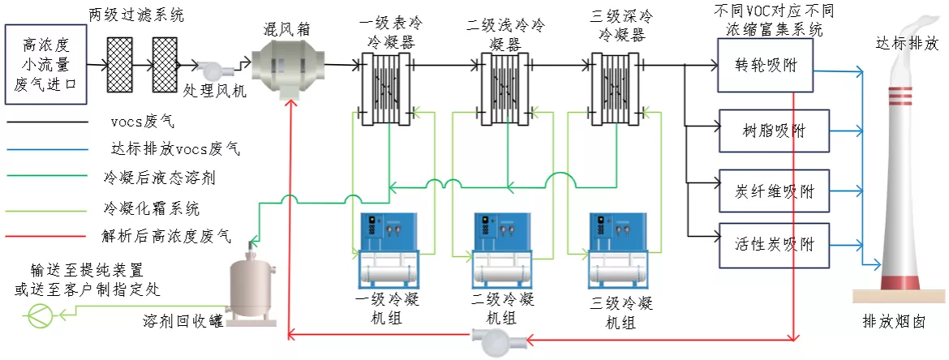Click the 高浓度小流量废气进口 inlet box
click(45, 65)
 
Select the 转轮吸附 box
click(764, 66)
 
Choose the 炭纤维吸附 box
click(774, 191)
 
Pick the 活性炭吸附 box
click(774, 246)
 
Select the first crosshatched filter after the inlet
click(119, 65)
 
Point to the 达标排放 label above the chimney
click(907, 44)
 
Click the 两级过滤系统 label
click(136, 15)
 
